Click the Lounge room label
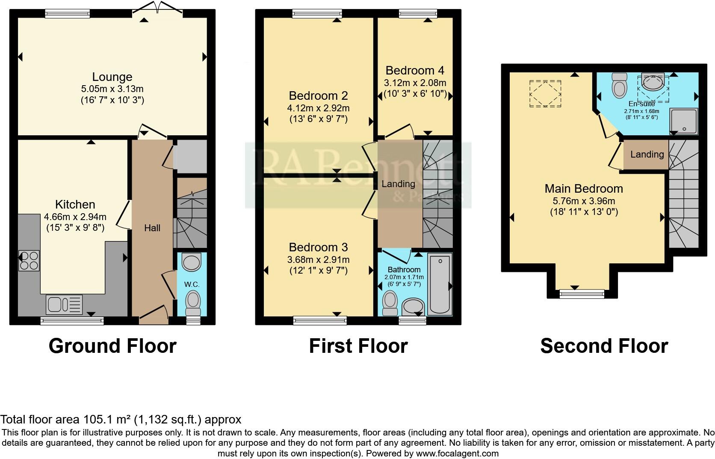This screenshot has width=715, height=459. (112, 77)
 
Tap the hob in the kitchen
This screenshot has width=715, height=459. (29, 260)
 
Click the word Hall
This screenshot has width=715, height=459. (152, 228)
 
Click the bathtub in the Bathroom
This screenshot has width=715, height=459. (440, 284)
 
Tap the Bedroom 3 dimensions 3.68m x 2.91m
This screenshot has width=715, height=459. (319, 259)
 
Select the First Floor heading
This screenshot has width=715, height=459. (358, 346)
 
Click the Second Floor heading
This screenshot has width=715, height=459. (604, 346)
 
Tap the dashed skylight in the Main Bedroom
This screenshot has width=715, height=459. (545, 94)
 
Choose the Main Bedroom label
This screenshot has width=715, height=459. (584, 188)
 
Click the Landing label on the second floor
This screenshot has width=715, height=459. (647, 154)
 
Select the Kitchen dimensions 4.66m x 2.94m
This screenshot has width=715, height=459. (75, 217)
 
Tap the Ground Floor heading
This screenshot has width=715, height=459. (112, 346)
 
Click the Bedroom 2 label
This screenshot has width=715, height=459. (318, 95)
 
